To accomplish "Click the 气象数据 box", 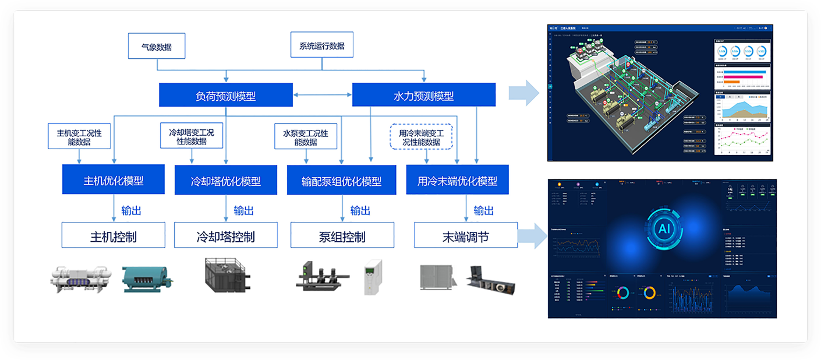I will pos(156,46).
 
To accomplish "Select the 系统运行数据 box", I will pos(321,45).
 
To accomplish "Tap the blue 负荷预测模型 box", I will pos(225,95).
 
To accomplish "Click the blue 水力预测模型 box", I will pos(423,95).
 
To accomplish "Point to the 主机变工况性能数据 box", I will pos(79,137).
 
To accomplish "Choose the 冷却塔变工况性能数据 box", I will pos(191,136).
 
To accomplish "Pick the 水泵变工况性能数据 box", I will pos(305,137).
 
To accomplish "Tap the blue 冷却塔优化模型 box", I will pos(225,181).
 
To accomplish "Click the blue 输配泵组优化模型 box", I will pos(341,181).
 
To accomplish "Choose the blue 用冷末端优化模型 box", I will pos(457,181).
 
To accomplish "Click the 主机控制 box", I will pos(113,236).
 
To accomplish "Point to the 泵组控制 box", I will pos(342,236).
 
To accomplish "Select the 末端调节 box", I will pos(465,236).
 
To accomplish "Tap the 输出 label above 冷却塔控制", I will pos(243,210).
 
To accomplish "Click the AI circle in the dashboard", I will pos(664,228).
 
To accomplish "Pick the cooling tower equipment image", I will pos(228,278).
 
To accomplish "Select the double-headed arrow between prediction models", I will pos(323,95).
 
